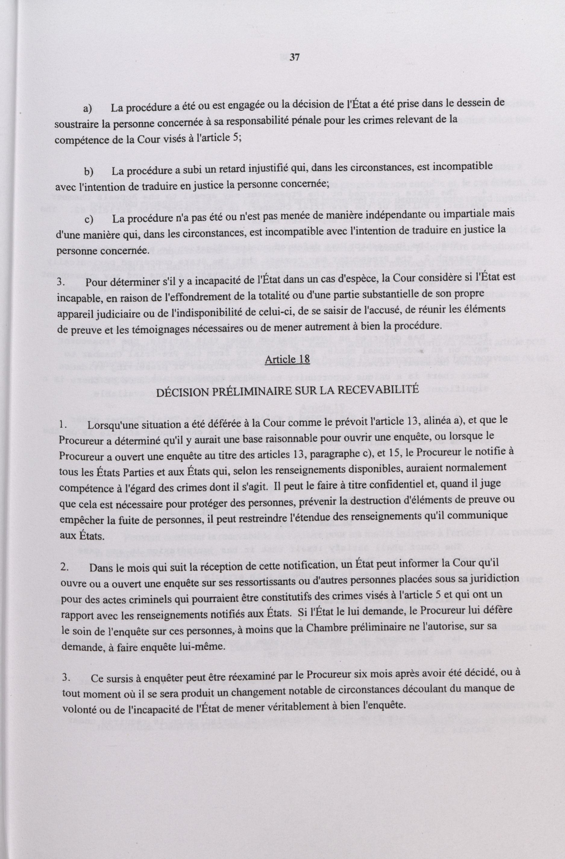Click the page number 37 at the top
pyautogui.click(x=294, y=58)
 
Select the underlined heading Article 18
pyautogui.click(x=287, y=359)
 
